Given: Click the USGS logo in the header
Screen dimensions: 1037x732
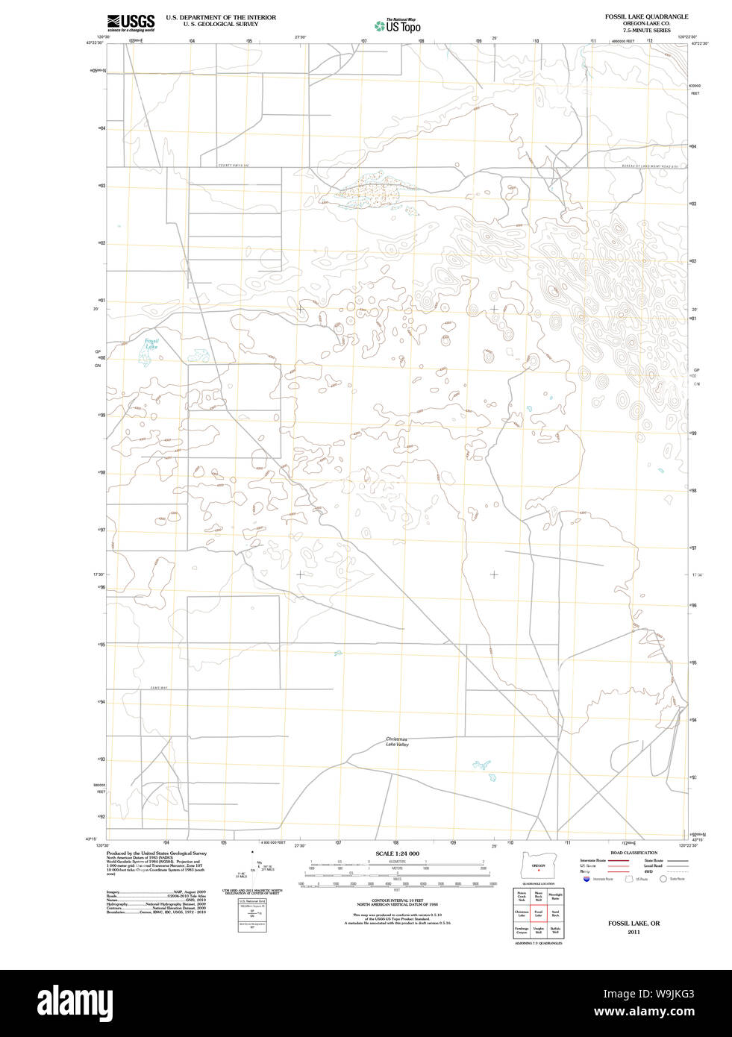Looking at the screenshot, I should coord(131,22).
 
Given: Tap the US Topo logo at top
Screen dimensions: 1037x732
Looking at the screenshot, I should coord(398,25).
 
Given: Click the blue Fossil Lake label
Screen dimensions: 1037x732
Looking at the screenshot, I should coord(151,344).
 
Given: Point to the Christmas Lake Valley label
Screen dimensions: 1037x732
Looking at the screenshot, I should coord(397,742).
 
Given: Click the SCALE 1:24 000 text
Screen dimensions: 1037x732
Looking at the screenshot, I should coord(397,853).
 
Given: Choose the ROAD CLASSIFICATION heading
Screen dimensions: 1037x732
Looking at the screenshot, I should coord(634,853).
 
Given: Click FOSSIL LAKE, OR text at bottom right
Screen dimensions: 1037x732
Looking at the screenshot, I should coord(634,924).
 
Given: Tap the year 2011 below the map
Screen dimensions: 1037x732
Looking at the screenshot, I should coord(634,932).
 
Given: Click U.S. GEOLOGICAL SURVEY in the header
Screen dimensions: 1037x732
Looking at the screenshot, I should coord(221,24).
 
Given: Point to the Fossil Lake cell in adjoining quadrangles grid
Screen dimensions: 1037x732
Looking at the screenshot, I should coord(538,913).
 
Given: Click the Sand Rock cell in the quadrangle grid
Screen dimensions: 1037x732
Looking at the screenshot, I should coord(555,913).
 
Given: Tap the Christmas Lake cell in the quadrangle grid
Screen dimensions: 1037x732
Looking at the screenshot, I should coord(521,913).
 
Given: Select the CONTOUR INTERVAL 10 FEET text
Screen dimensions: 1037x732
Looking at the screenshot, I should coord(397,901).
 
